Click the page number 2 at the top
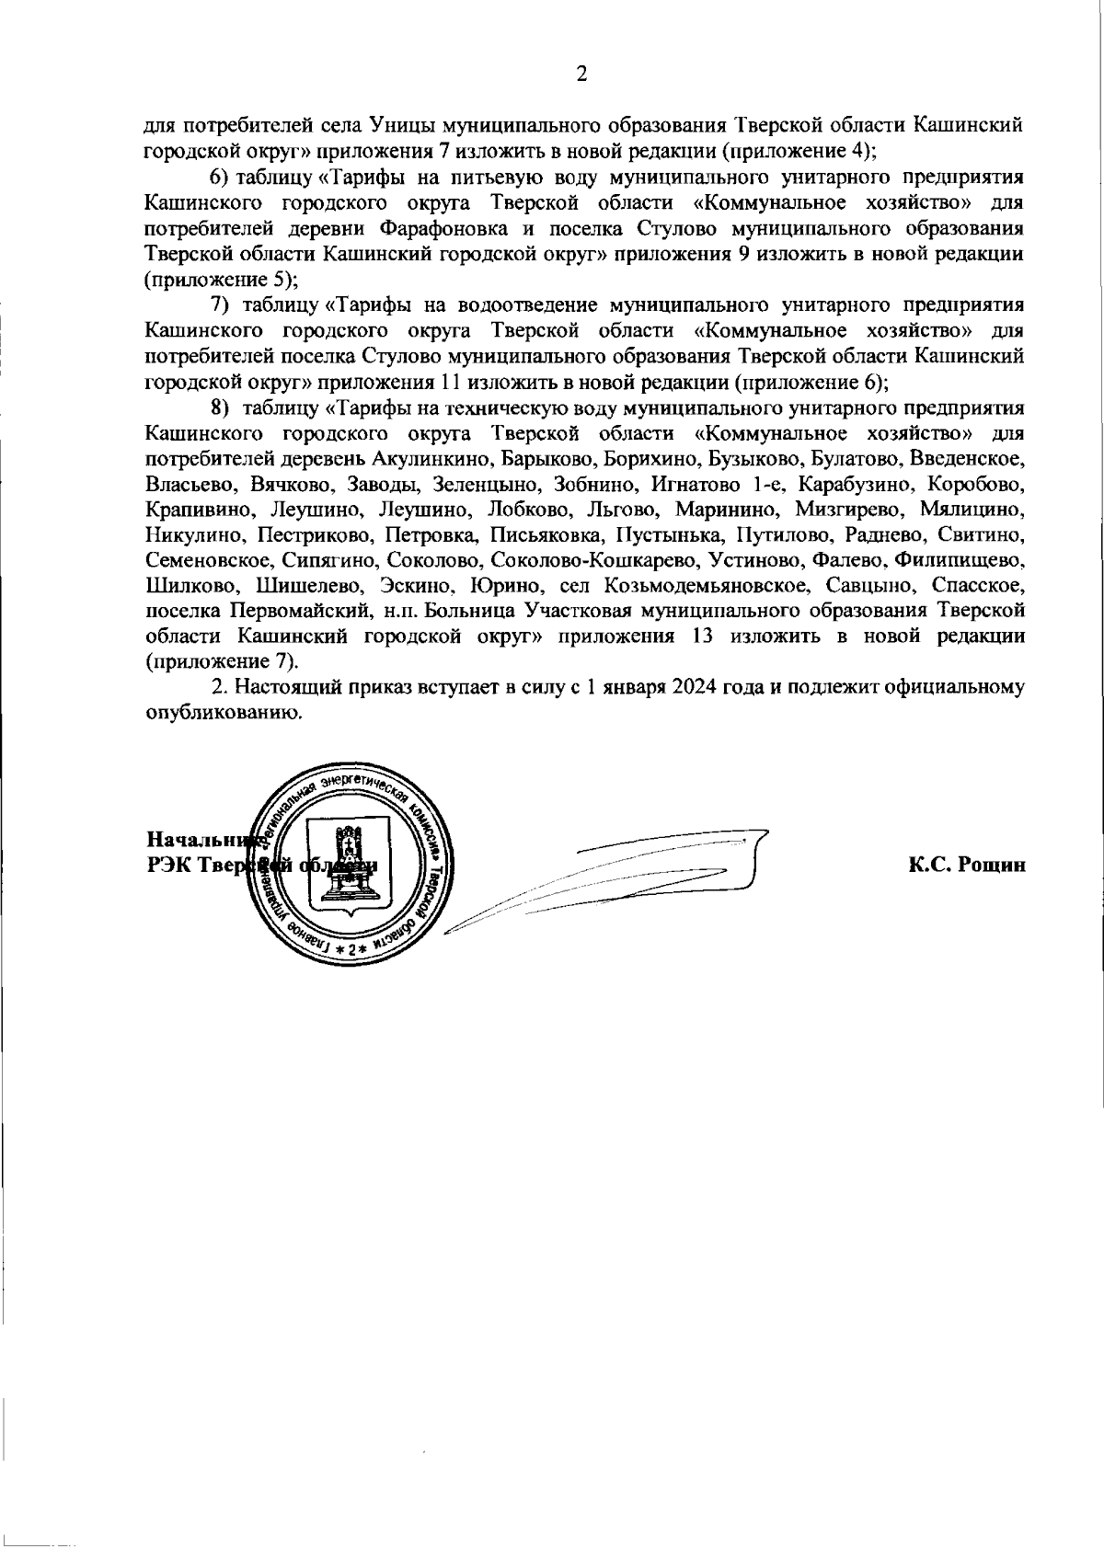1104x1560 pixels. pos(581,75)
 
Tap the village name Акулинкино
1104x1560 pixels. pos(428,457)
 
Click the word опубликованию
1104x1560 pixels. pos(223,712)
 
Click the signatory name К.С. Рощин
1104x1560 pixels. pos(966,864)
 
